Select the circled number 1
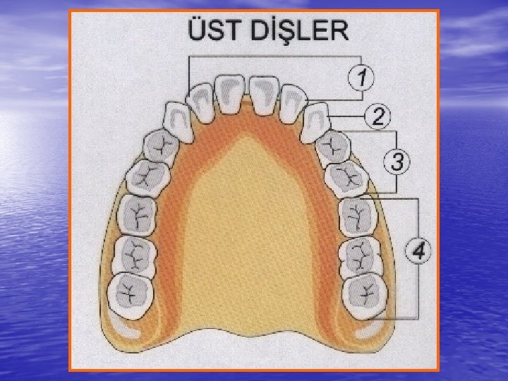click(361, 76)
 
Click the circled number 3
click(397, 162)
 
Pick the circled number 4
click(418, 250)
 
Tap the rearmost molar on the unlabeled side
click(131, 292)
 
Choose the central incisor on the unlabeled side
click(229, 93)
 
